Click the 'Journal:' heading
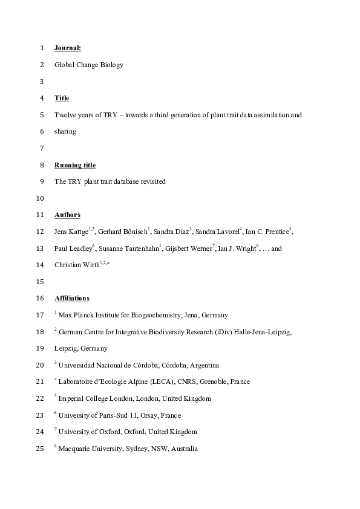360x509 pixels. tap(68, 47)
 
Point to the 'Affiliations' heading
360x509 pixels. tap(72, 298)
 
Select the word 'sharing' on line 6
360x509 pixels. tap(65, 131)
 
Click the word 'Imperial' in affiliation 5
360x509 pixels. tap(72, 399)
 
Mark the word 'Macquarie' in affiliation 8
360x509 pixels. tap(75, 449)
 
